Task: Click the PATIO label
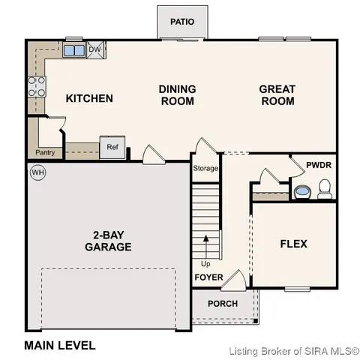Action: tap(181, 21)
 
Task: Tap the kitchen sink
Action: tap(73, 51)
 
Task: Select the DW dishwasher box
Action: tap(95, 50)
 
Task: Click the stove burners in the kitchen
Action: tap(36, 87)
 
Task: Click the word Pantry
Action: tap(44, 153)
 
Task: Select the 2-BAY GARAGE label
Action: tap(108, 241)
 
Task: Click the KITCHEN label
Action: tap(89, 98)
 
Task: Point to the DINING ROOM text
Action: tap(177, 94)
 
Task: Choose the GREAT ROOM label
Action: tap(277, 94)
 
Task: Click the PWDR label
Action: tap(319, 165)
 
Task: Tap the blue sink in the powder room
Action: tap(302, 192)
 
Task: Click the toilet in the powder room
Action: tap(325, 193)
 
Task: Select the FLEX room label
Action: tap(293, 244)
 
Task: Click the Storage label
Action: tap(205, 169)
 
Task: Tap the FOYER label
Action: tap(209, 277)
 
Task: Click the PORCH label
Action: tap(222, 304)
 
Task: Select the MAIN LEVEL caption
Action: tap(60, 346)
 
